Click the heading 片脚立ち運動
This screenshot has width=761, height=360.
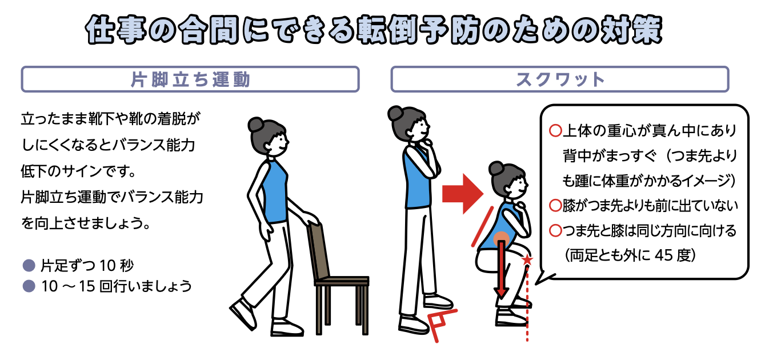coord(190,80)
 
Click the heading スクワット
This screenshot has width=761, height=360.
coord(560,80)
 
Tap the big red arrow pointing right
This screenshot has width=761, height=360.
coord(463,194)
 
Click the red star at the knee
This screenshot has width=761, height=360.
coord(527,260)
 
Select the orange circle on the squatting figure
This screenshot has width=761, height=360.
coord(502,239)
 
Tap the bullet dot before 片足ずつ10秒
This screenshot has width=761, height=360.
coord(29,266)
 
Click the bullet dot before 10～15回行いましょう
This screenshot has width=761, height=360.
coord(29,286)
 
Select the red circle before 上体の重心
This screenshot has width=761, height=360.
coord(555,130)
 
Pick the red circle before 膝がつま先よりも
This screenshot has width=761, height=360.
coord(555,205)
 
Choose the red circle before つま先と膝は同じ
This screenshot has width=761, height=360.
coord(555,231)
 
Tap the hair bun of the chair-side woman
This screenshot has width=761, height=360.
coord(255,125)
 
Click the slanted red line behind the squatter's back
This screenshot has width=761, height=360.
coord(482,227)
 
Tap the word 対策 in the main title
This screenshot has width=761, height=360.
coord(632,30)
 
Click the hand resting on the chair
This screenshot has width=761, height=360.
coord(311,219)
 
